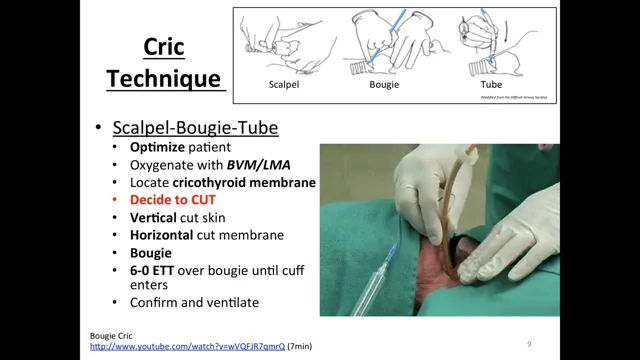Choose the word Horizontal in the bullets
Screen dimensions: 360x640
[x=161, y=235]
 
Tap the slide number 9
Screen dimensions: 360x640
[x=528, y=344]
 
